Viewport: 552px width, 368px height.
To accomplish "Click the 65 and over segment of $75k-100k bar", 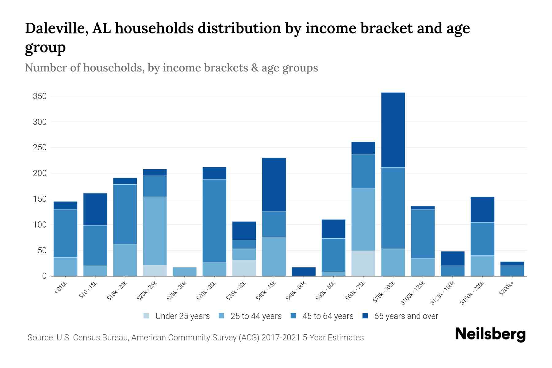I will coord(393,130).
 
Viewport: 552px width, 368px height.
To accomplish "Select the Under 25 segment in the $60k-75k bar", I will coord(363,263).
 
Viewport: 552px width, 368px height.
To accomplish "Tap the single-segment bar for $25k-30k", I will coord(185,272).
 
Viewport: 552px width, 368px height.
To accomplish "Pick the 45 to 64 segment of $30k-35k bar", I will coord(214,221).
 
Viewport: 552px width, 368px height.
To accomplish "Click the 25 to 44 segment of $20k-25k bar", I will coord(155,231).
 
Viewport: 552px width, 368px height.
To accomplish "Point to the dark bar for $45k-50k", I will coord(304,271).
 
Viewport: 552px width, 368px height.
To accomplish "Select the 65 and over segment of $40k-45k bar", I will coord(274,184).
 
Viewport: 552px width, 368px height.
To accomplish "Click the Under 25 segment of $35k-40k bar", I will coord(244,268).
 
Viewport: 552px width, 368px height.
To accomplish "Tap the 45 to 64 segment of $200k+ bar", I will coord(512,271).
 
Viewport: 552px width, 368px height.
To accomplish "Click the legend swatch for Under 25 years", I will coord(147,316).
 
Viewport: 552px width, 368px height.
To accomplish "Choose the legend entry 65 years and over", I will coord(406,316).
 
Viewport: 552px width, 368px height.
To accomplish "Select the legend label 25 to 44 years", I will coord(256,316).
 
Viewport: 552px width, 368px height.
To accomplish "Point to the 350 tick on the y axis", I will coord(40,96).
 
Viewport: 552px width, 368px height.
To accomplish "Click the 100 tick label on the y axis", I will coord(40,225).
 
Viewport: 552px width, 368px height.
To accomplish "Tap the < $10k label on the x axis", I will coord(60,288).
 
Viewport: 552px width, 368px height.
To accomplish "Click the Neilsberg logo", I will coord(490,334).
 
